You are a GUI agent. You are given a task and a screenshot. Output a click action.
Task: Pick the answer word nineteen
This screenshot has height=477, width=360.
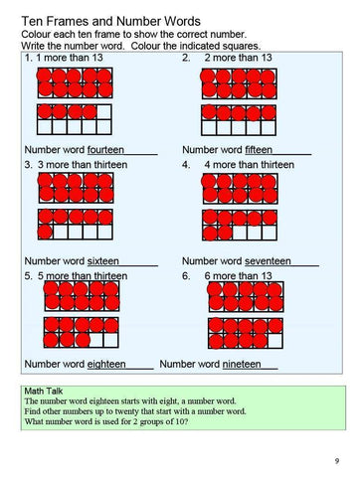249,365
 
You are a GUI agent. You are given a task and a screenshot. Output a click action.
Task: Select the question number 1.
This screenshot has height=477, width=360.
26,59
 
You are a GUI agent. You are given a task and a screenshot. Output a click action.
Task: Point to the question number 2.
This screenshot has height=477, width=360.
186,59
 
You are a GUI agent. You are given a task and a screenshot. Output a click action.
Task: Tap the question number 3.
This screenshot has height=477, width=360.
26,164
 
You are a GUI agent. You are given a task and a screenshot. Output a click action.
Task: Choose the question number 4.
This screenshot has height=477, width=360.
186,164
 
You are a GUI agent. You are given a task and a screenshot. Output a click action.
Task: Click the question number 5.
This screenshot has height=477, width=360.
26,275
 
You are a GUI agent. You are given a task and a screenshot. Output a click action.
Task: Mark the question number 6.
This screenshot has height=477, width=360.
186,275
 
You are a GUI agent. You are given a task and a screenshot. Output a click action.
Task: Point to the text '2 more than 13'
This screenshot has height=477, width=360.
238,59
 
